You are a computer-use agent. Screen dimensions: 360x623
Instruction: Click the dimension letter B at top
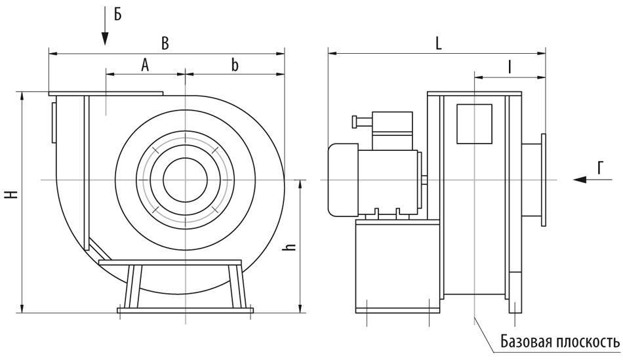click(165, 43)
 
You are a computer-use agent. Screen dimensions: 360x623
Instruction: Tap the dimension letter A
click(145, 64)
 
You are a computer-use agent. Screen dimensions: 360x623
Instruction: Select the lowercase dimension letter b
click(234, 64)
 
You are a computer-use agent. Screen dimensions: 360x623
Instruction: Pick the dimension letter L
click(437, 43)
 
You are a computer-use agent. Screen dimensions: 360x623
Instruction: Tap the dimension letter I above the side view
click(509, 66)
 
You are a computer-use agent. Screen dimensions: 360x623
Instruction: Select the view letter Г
click(600, 169)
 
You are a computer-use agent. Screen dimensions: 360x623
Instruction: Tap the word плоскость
click(589, 342)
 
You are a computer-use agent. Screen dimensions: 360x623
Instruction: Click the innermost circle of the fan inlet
click(186, 180)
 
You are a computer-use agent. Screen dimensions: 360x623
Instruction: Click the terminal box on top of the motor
click(392, 129)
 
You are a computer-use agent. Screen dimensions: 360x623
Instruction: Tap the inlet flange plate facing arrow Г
click(544, 180)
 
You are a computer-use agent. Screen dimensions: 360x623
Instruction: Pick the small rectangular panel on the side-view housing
click(474, 123)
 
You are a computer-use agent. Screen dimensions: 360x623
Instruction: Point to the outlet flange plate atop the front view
click(105, 93)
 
